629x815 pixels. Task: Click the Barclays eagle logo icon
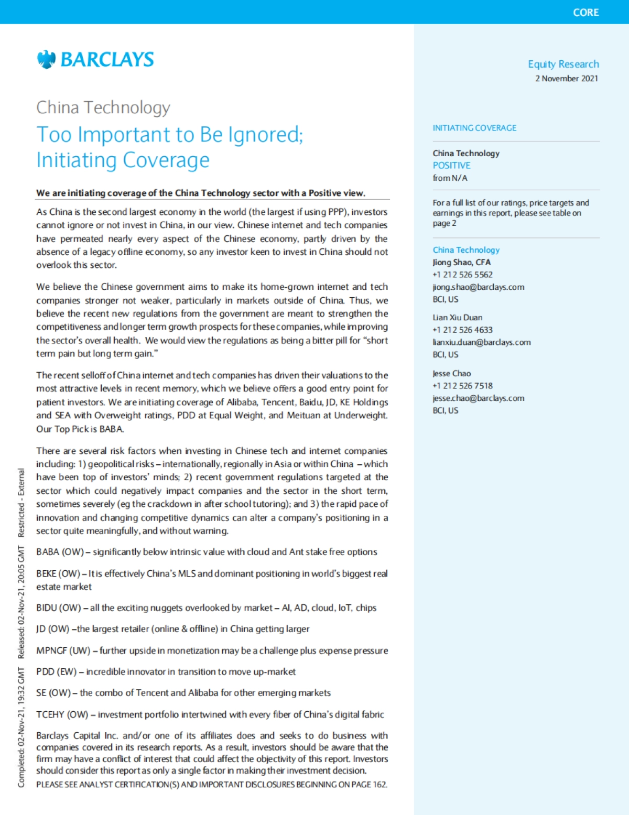(46, 59)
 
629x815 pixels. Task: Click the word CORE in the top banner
(585, 13)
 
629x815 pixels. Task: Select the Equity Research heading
(563, 64)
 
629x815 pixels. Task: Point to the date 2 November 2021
(566, 79)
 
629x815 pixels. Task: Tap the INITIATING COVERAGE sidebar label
(474, 128)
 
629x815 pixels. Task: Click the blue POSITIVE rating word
(451, 166)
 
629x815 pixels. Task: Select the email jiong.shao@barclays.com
(478, 287)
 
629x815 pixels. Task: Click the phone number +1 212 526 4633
(462, 330)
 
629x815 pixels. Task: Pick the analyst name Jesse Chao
(451, 374)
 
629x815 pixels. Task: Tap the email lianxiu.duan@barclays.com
(481, 342)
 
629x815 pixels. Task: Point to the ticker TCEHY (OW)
(62, 714)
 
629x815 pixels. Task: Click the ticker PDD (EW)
(56, 672)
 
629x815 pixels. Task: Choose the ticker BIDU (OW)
(58, 608)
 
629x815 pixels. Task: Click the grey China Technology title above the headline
(103, 107)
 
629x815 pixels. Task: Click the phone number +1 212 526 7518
(462, 386)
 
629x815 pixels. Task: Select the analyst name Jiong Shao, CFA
(461, 263)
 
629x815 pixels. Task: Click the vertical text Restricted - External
(21, 503)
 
